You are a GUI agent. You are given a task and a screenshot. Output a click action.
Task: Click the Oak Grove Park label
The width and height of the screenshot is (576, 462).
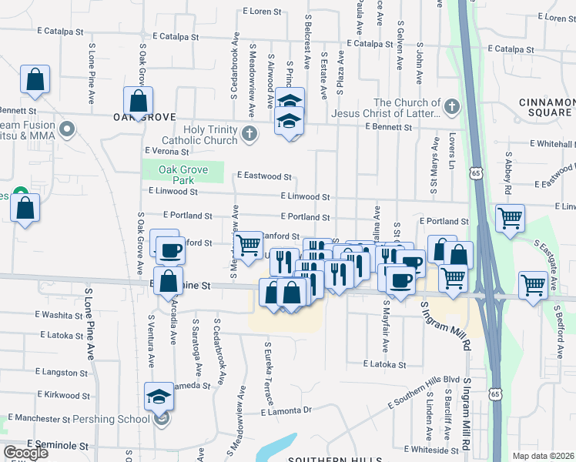pos(183,175)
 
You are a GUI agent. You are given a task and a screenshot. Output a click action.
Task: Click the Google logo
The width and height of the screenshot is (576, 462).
pos(25,453)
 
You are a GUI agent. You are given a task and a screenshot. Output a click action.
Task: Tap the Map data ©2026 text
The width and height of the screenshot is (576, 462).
pos(543,455)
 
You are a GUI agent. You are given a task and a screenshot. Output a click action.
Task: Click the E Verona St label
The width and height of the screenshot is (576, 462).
pos(166,152)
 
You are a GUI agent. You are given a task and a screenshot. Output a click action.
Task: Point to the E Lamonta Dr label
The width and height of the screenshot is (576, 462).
pos(285,411)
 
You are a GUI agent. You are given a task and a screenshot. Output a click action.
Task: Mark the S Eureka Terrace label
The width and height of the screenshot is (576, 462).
pos(269,373)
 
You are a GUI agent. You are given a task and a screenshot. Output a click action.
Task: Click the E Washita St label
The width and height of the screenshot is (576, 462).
pos(64,315)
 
